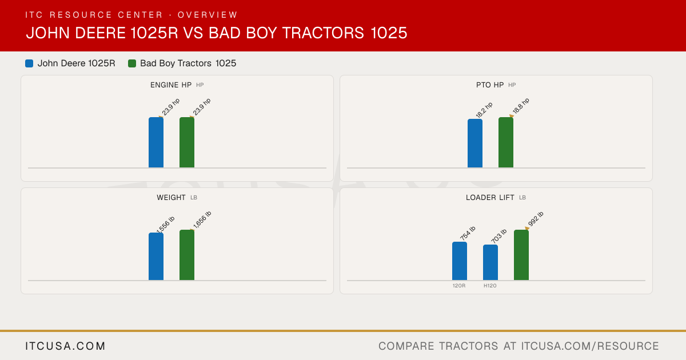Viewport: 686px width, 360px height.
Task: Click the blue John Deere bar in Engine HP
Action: [x=156, y=142]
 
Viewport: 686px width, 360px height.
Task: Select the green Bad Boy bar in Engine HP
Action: [x=187, y=142]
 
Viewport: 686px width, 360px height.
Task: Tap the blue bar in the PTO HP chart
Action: [x=475, y=143]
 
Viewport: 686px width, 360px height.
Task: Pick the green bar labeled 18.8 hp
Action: [x=506, y=142]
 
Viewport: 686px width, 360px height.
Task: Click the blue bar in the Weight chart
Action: [x=156, y=257]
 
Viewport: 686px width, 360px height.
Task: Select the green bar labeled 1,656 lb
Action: [x=187, y=255]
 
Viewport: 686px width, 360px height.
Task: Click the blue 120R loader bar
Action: [x=460, y=261]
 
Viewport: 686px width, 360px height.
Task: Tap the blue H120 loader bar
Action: [x=490, y=262]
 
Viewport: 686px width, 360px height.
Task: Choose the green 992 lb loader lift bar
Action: [x=521, y=255]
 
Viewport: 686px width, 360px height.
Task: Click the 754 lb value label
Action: [x=468, y=233]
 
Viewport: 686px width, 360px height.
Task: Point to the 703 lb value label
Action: [x=499, y=236]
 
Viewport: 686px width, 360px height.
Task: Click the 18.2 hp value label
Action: [x=484, y=110]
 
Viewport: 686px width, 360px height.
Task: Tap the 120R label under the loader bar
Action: [x=459, y=286]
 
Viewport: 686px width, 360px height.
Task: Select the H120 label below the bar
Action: [x=490, y=286]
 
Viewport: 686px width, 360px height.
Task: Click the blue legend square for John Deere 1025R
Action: [x=29, y=63]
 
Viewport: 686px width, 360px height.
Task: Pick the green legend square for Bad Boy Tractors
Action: [x=132, y=63]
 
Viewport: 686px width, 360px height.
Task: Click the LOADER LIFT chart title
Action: [x=490, y=198]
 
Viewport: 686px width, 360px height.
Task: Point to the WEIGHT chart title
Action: [x=171, y=198]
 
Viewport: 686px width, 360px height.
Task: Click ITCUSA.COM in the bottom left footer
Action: [x=65, y=346]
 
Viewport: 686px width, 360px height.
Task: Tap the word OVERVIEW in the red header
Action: [x=208, y=15]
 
